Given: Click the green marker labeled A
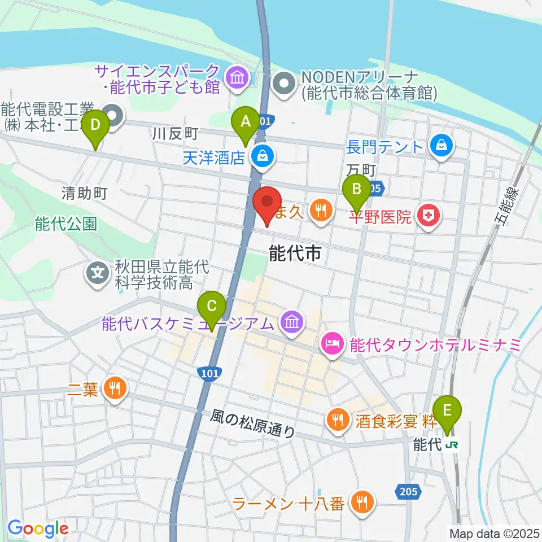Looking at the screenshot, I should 246,121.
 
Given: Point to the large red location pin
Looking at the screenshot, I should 267,202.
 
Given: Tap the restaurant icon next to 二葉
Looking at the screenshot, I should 115,389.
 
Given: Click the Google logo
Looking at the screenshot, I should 38,528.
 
